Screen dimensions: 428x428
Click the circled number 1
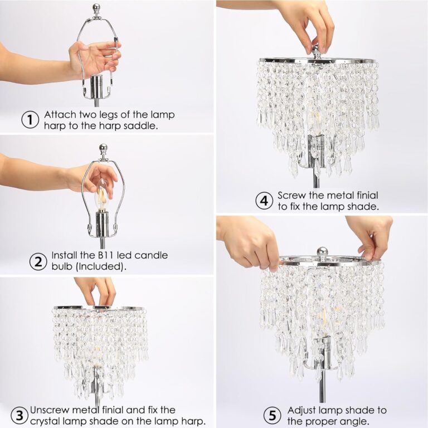pos(30,120)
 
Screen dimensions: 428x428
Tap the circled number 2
pos(37,260)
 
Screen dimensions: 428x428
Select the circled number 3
pos(20,415)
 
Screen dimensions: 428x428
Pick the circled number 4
pos(264,201)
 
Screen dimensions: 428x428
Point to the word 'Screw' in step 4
pos(291,196)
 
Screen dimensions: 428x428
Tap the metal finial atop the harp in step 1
pos(96,9)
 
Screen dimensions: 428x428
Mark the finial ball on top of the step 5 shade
pos(322,252)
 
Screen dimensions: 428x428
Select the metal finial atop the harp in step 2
pos(103,149)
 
